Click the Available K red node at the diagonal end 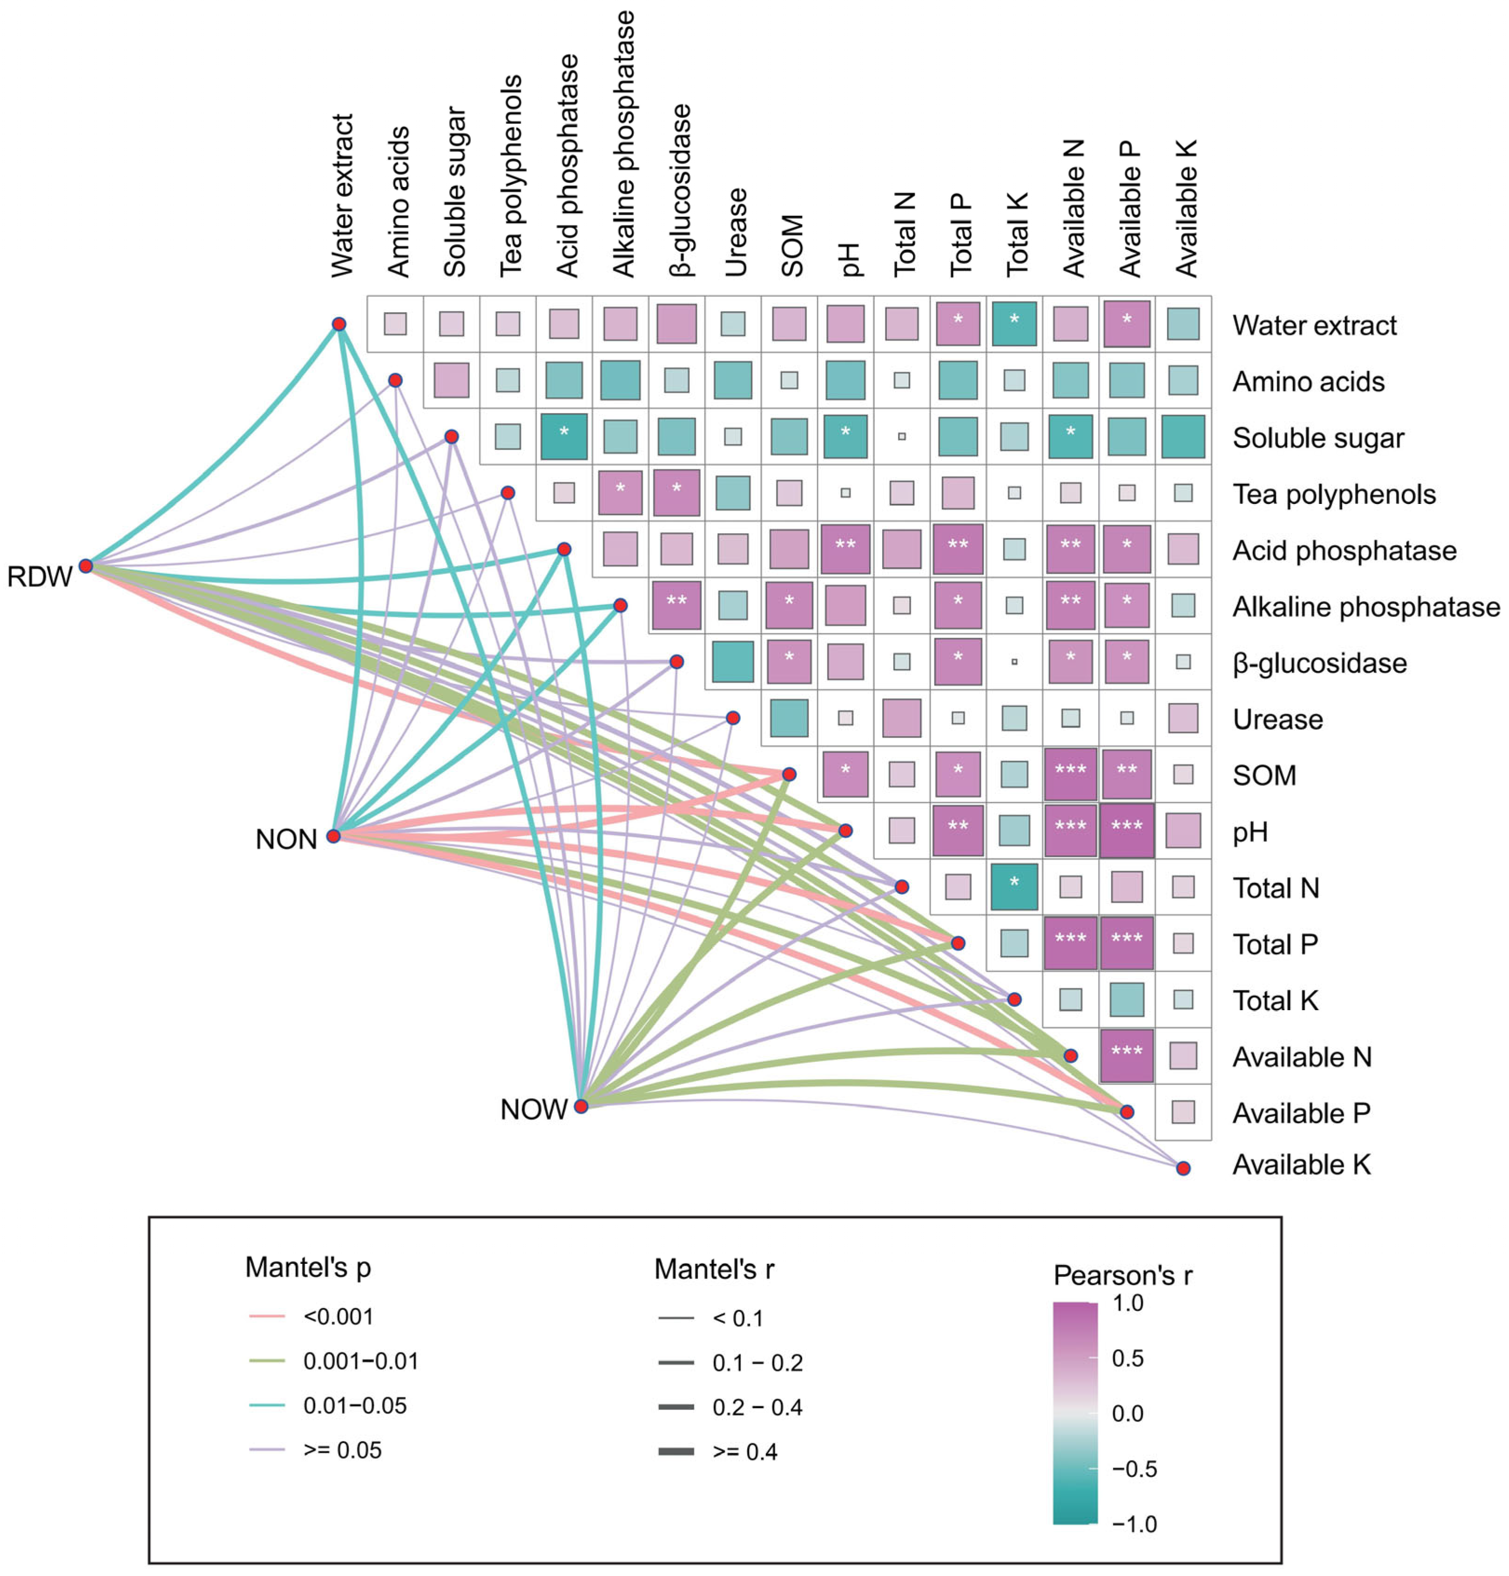coord(1183,1167)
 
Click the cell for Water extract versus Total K coord(1014,323)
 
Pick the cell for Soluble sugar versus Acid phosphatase coord(563,436)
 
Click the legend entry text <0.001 coord(338,1316)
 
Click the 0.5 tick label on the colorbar coord(1127,1358)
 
